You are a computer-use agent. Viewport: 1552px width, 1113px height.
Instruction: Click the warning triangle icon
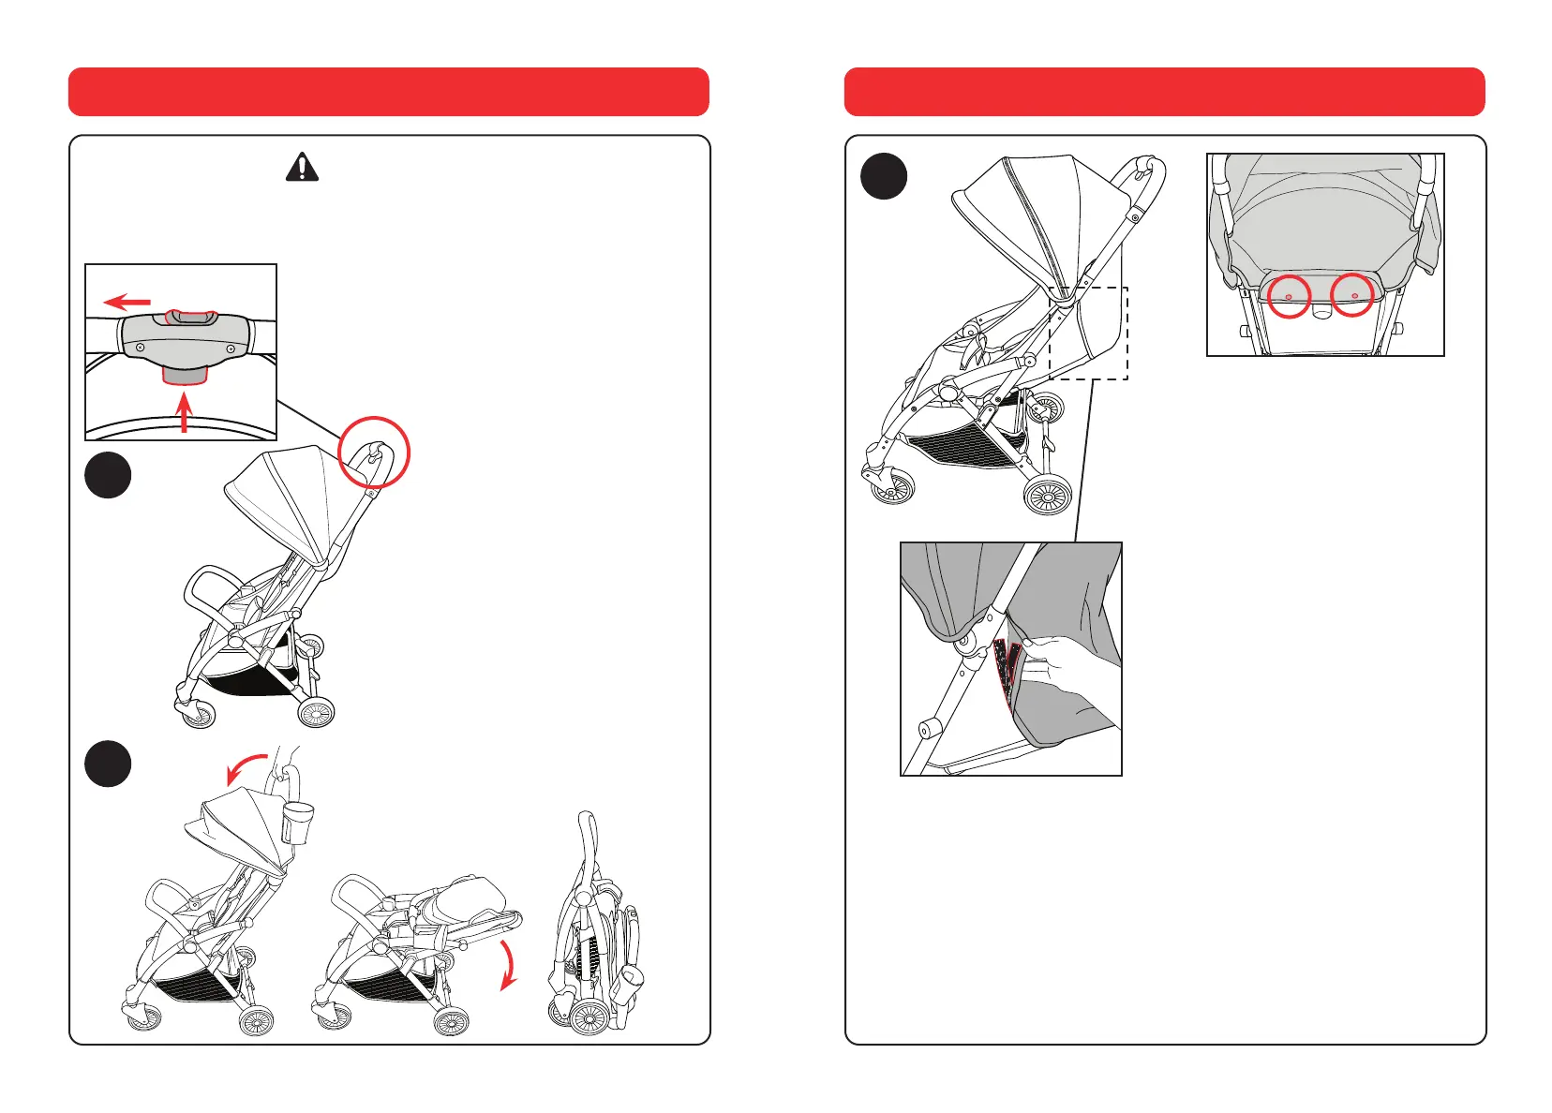click(302, 168)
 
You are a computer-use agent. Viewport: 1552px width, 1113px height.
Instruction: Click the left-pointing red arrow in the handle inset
click(127, 302)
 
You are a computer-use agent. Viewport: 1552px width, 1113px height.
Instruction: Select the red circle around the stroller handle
click(374, 453)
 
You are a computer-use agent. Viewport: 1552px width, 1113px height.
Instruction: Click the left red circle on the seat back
click(1289, 296)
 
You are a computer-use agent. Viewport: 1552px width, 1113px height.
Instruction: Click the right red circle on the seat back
click(1352, 296)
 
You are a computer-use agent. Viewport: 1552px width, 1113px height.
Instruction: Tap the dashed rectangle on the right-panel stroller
click(1088, 333)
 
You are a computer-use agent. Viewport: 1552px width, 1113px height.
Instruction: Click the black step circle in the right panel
click(884, 176)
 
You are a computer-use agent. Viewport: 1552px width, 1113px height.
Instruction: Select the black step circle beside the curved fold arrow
click(108, 764)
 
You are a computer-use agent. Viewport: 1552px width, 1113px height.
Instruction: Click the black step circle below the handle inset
click(108, 475)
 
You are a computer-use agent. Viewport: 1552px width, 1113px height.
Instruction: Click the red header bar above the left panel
click(389, 92)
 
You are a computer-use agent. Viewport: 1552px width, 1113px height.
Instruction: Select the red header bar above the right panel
click(1164, 92)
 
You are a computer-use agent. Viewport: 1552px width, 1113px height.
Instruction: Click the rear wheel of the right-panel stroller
click(1048, 494)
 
